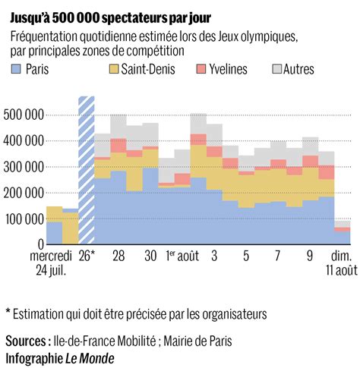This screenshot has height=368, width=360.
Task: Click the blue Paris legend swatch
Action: (x=16, y=69)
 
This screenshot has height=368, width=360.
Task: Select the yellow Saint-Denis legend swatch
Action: (x=114, y=69)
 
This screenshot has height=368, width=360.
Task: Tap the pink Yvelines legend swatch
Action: (x=201, y=69)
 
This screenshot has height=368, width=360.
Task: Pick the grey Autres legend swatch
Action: (x=277, y=69)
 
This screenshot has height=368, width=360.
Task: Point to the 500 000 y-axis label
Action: (x=24, y=115)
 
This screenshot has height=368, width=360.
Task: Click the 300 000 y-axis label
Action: (x=24, y=167)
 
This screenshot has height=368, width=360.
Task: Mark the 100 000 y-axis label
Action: (x=24, y=219)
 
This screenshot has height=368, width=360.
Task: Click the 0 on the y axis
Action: (x=41, y=244)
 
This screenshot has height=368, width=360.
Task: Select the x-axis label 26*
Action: (x=87, y=256)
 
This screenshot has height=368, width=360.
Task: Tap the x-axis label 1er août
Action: (x=182, y=256)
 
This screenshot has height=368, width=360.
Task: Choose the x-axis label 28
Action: (x=118, y=256)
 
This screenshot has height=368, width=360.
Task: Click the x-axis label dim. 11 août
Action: (x=342, y=263)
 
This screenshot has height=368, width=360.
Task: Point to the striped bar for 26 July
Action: (x=87, y=170)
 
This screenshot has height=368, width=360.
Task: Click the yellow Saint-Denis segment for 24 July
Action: (x=55, y=214)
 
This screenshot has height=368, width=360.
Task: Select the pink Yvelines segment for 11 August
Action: (x=343, y=229)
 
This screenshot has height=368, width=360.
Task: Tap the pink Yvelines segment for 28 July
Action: (x=118, y=146)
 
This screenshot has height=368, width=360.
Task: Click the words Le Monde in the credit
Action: (x=90, y=358)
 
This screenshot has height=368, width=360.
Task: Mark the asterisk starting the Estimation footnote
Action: (x=8, y=310)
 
